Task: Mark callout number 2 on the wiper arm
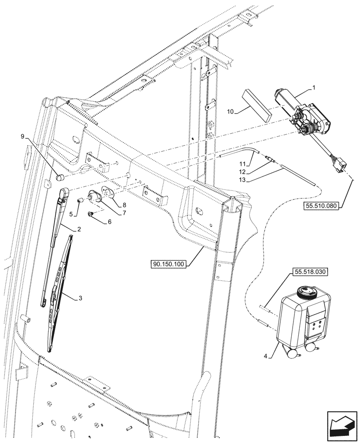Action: click(79, 229)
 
